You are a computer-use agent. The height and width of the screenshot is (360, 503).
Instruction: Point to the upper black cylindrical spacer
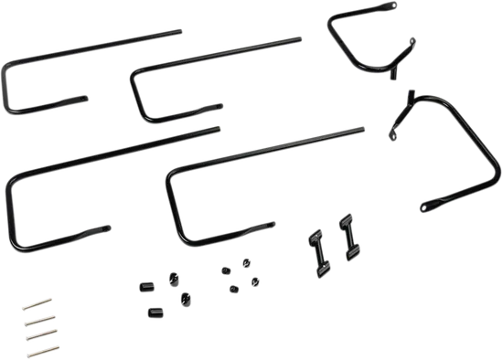(144, 288)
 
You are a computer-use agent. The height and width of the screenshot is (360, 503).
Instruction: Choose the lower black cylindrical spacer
(155, 312)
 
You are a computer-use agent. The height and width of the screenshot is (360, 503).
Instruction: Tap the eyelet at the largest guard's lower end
(423, 209)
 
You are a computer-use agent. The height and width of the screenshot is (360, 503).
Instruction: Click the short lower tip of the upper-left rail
(86, 96)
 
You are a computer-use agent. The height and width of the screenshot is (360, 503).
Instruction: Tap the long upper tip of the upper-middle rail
(301, 37)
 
